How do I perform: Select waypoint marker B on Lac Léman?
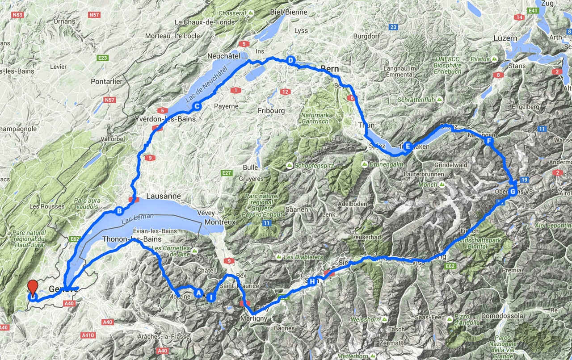pyautogui.click(x=119, y=211)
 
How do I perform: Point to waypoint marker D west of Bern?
pyautogui.click(x=290, y=60)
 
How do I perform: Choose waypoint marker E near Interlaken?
pyautogui.click(x=408, y=145)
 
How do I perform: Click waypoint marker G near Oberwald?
pyautogui.click(x=513, y=192)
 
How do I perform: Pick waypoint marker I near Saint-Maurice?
pyautogui.click(x=210, y=297)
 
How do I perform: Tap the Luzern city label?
pyautogui.click(x=505, y=38)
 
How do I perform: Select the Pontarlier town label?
pyautogui.click(x=106, y=82)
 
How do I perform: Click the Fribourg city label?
pyautogui.click(x=271, y=110)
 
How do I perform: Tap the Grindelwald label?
pyautogui.click(x=448, y=165)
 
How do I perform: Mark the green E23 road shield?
pyautogui.click(x=103, y=58)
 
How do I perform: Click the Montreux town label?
pyautogui.click(x=220, y=222)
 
